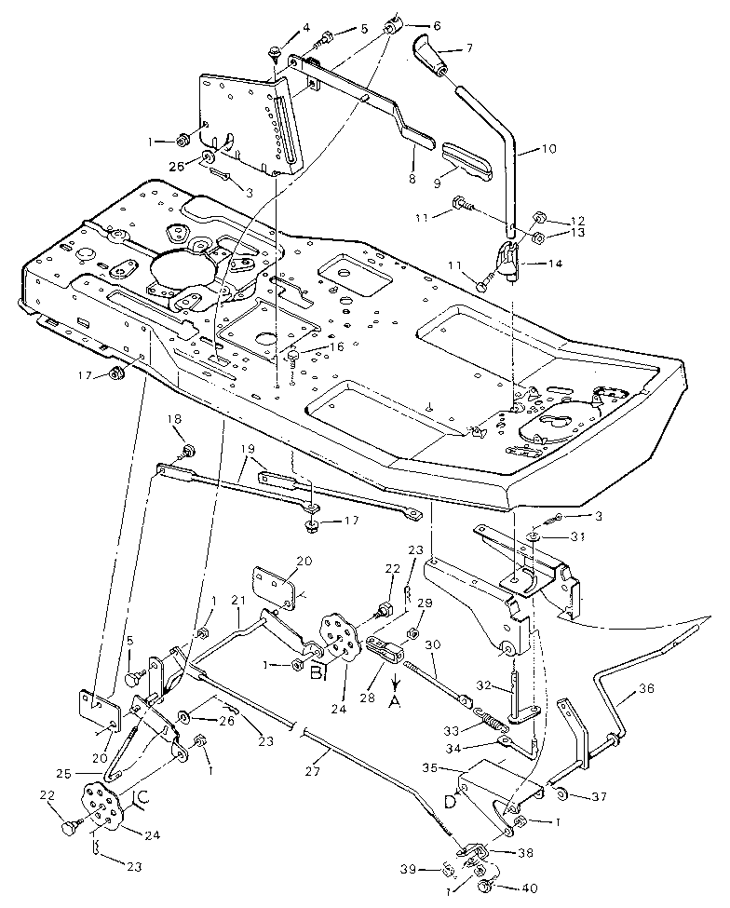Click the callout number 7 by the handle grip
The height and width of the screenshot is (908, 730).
469,47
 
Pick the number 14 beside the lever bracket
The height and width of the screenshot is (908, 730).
554,264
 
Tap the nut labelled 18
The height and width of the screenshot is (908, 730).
188,452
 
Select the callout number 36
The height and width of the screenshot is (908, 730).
645,691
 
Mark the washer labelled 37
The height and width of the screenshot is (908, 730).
562,793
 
